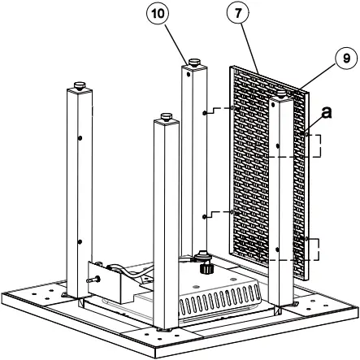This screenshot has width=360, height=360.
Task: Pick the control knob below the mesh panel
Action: pos(202,263)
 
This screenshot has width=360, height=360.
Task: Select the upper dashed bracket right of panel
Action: pos(306,145)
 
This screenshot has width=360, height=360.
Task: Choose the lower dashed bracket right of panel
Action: pos(306,249)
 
